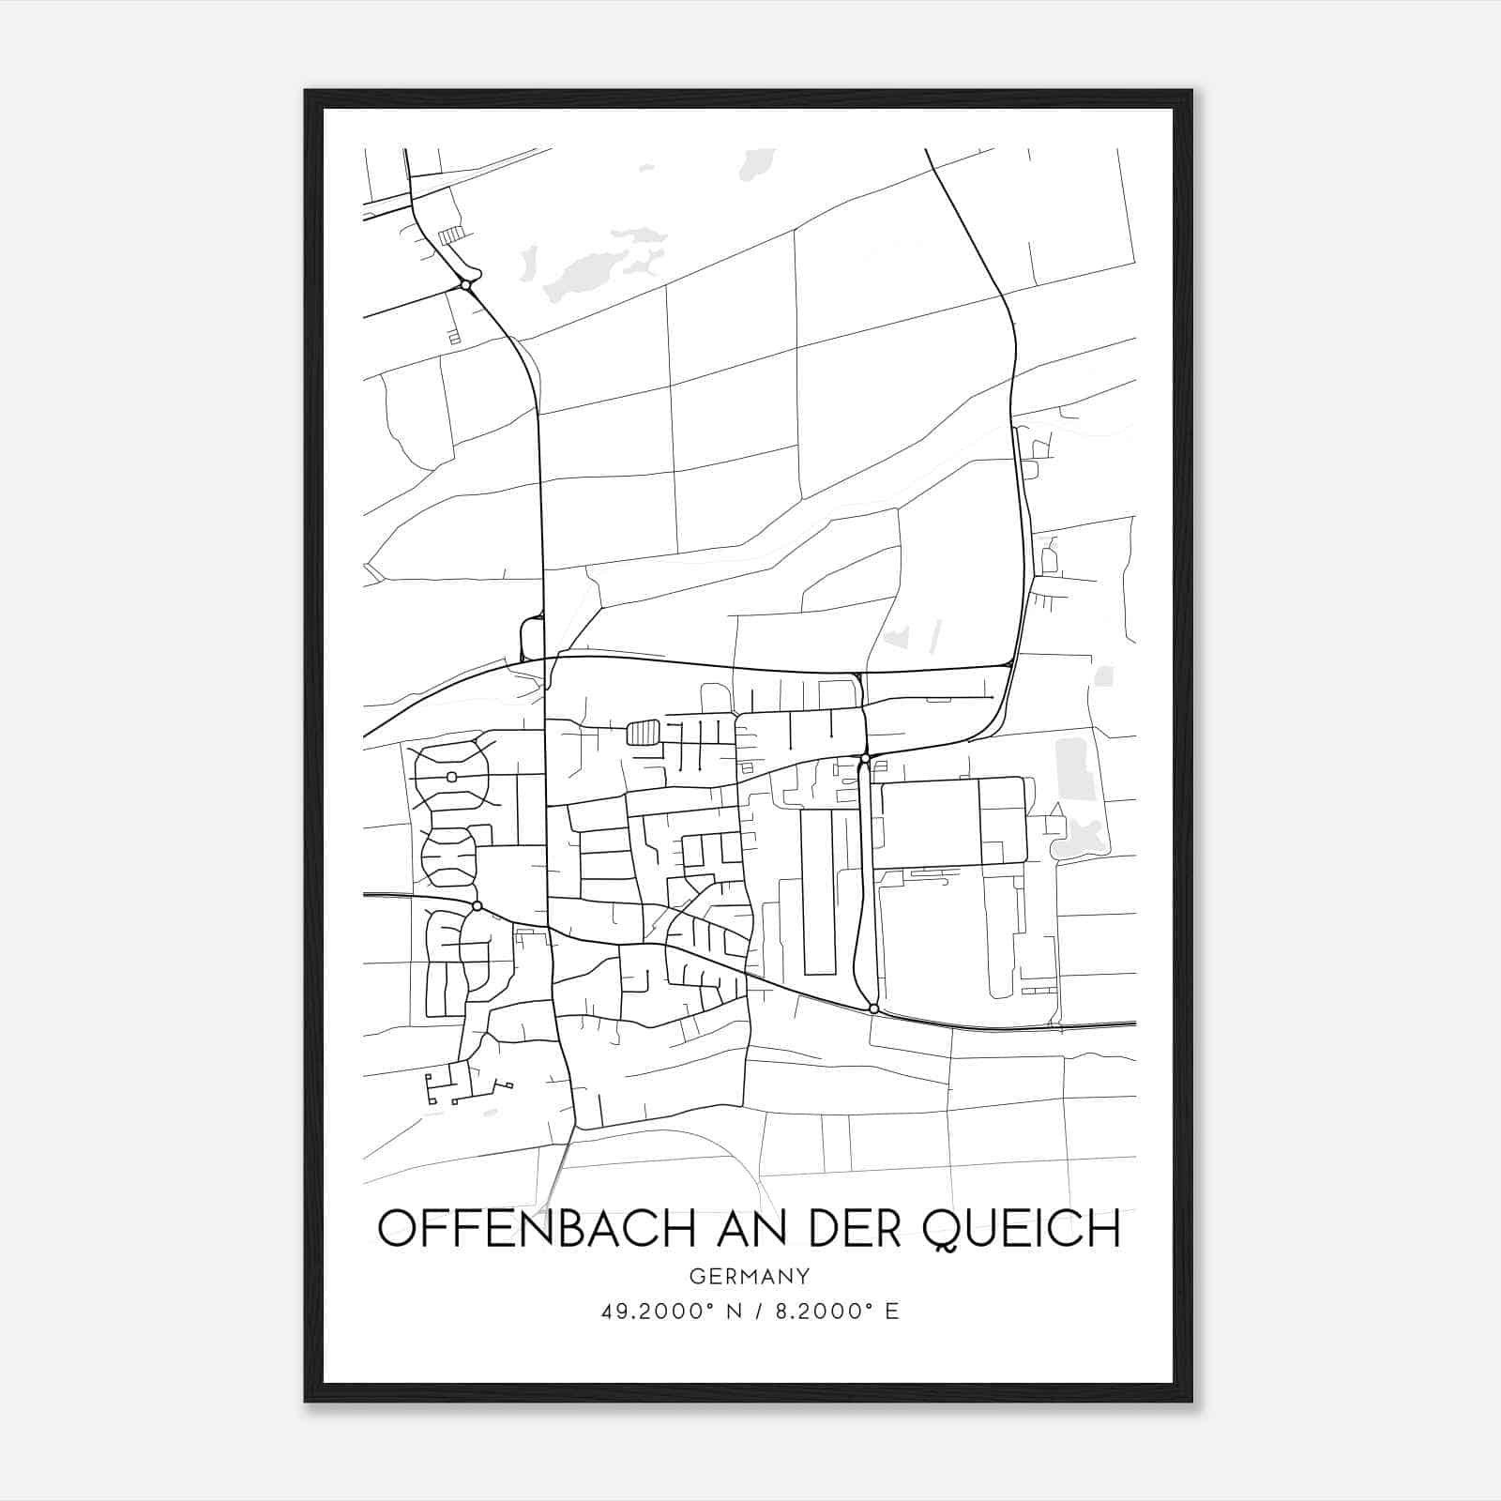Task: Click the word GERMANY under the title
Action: tap(750, 1276)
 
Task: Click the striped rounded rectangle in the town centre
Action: tap(643, 732)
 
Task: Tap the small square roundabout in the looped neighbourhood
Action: tap(451, 776)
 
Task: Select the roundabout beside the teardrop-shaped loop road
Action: tap(465, 284)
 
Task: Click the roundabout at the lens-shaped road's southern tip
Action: tap(873, 1008)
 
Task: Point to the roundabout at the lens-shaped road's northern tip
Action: tap(864, 757)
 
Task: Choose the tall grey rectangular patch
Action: tap(1075, 768)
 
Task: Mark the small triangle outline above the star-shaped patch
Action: tap(1056, 811)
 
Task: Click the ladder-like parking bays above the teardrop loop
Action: tap(451, 235)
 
